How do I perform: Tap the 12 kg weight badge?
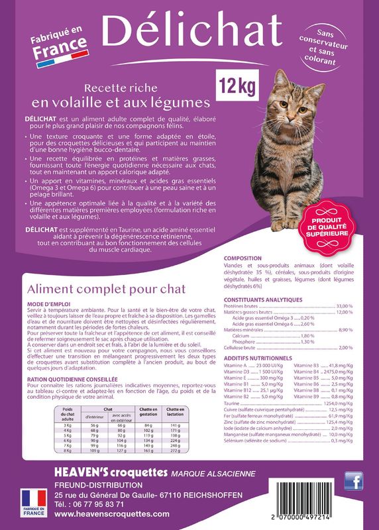tap(234, 85)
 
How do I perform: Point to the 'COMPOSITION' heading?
tap(243, 258)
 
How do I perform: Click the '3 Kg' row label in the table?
tap(67, 425)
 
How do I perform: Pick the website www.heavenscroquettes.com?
tap(112, 513)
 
